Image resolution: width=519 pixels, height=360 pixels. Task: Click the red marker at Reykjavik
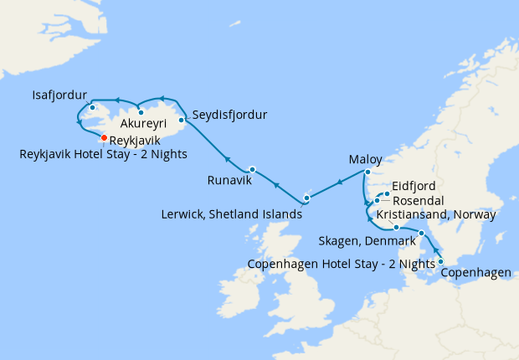tap(104, 138)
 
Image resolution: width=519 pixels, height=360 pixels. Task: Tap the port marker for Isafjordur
tap(92, 108)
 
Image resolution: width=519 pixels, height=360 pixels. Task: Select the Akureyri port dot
tap(141, 112)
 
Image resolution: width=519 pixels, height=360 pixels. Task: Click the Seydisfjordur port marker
tap(182, 120)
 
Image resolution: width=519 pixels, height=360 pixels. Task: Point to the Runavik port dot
tap(252, 169)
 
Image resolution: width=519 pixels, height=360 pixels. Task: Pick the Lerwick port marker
tap(307, 198)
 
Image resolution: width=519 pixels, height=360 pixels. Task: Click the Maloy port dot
tap(367, 172)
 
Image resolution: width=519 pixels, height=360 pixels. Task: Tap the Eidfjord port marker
tap(387, 194)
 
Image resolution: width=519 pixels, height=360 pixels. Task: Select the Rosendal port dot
tap(378, 200)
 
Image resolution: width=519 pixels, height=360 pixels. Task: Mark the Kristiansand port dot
tap(396, 227)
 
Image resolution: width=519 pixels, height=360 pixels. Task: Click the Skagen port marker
tap(422, 233)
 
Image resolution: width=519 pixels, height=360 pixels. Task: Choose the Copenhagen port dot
tap(441, 261)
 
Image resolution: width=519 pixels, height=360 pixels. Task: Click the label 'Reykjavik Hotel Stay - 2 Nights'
tap(103, 154)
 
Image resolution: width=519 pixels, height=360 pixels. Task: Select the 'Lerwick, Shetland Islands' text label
tap(231, 214)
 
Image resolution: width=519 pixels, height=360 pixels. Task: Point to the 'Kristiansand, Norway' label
tap(436, 215)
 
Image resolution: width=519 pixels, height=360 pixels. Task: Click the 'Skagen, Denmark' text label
tap(367, 242)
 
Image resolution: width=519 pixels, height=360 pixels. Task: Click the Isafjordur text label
tap(60, 93)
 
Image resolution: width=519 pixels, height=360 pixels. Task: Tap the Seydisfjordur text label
tap(229, 115)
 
